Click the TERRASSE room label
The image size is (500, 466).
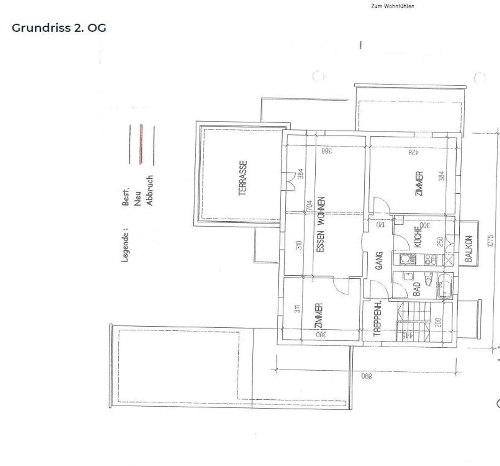click(243, 178)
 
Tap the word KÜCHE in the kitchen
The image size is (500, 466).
click(418, 237)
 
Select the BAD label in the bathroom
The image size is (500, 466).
click(417, 289)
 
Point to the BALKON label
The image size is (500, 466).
click(468, 249)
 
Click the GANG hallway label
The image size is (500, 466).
click(379, 261)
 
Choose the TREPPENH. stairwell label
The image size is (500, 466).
click(377, 319)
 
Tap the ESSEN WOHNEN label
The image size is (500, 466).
click(320, 224)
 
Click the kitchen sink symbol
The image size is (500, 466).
click(407, 259)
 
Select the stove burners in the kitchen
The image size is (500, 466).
click(431, 260)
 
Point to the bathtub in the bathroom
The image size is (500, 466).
click(444, 286)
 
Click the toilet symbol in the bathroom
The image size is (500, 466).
click(429, 279)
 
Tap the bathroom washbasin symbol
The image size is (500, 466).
click(408, 276)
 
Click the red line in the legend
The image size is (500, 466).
click(141, 144)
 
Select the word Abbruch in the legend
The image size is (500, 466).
click(150, 190)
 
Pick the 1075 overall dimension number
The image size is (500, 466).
click(490, 241)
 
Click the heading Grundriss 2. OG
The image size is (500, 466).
click(59, 28)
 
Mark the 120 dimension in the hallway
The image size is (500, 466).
click(381, 224)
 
